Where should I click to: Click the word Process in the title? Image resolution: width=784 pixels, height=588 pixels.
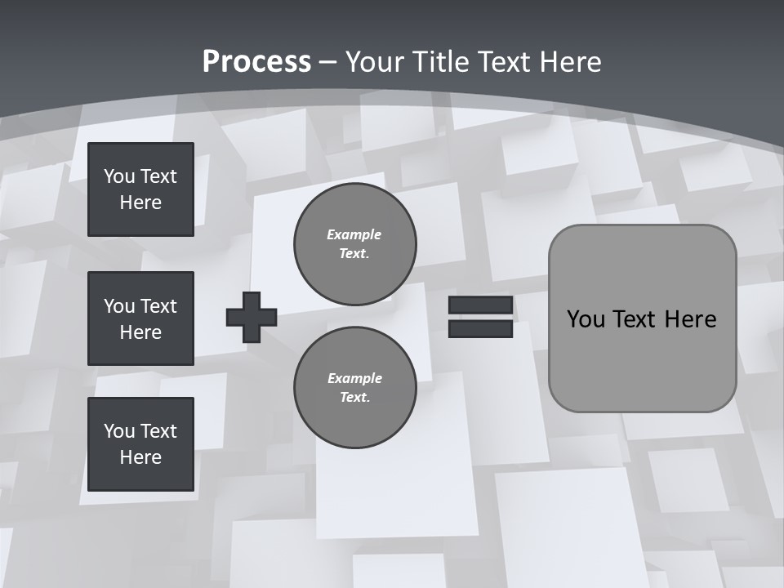tap(256, 61)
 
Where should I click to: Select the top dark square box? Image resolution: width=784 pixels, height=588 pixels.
tap(140, 189)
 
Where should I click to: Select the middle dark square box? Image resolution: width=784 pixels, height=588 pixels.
tap(140, 318)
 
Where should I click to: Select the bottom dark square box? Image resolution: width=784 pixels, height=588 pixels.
tap(140, 443)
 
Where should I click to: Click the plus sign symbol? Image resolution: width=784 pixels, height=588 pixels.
tap(252, 317)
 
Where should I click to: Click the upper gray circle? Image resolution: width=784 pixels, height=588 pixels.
tap(355, 244)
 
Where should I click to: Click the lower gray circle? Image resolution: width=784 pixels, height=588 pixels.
tap(355, 388)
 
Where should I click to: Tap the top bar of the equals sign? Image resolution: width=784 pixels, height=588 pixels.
tap(481, 305)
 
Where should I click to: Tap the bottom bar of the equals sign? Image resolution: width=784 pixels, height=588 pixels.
tap(481, 329)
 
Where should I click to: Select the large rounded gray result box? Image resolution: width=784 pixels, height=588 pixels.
tap(642, 359)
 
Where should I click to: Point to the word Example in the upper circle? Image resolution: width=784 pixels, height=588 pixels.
tap(354, 234)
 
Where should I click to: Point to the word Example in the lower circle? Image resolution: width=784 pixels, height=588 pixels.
tap(354, 378)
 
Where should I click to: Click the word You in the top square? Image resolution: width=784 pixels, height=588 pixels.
tap(118, 176)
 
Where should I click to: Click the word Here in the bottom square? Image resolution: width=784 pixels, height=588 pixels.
tap(140, 457)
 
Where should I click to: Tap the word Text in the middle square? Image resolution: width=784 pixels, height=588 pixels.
tap(158, 306)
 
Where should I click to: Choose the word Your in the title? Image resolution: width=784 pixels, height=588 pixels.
tap(373, 61)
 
